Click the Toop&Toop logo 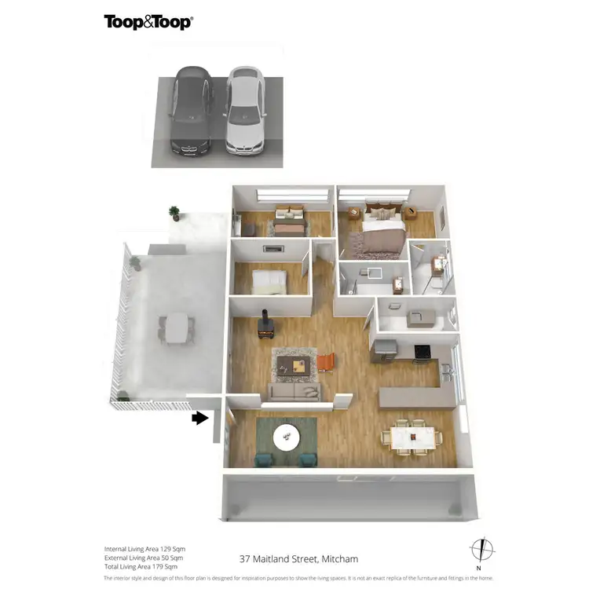click(148, 22)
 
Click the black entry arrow click(200, 418)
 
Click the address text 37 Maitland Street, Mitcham click(298, 559)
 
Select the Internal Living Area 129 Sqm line click(145, 549)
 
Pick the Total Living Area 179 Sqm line click(141, 566)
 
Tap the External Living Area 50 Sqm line click(145, 558)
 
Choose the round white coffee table click(286, 434)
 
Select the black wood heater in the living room click(265, 326)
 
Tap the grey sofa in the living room click(294, 391)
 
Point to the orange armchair click(327, 362)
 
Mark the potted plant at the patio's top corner click(174, 212)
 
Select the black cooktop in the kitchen click(422, 350)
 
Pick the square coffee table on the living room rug click(299, 364)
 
